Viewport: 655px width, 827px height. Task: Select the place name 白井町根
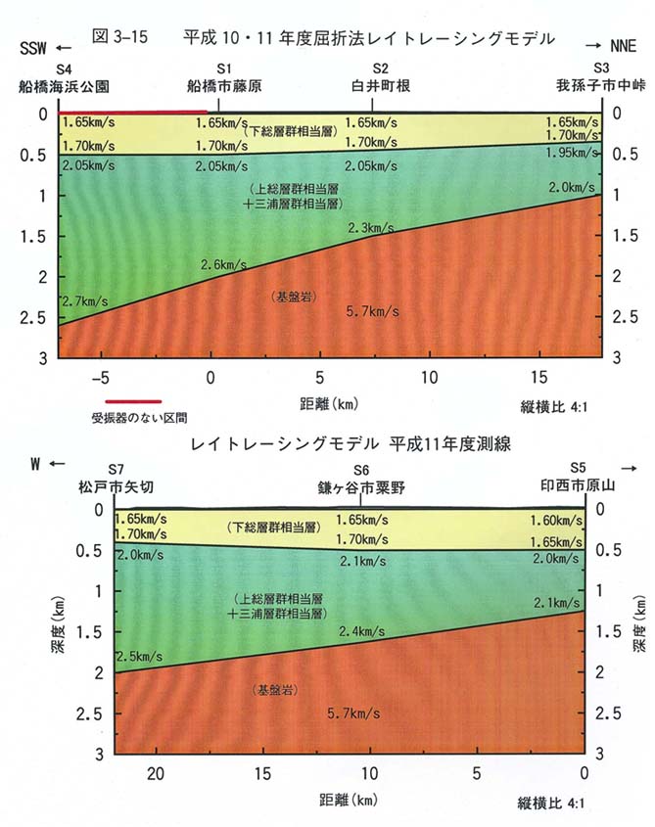[381, 86]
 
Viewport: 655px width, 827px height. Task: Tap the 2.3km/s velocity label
[371, 228]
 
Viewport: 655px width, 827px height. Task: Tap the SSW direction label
[34, 47]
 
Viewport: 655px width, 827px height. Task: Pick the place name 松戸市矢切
[117, 486]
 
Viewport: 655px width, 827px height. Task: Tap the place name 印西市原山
[585, 486]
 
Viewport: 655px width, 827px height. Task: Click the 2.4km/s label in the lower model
[362, 633]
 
